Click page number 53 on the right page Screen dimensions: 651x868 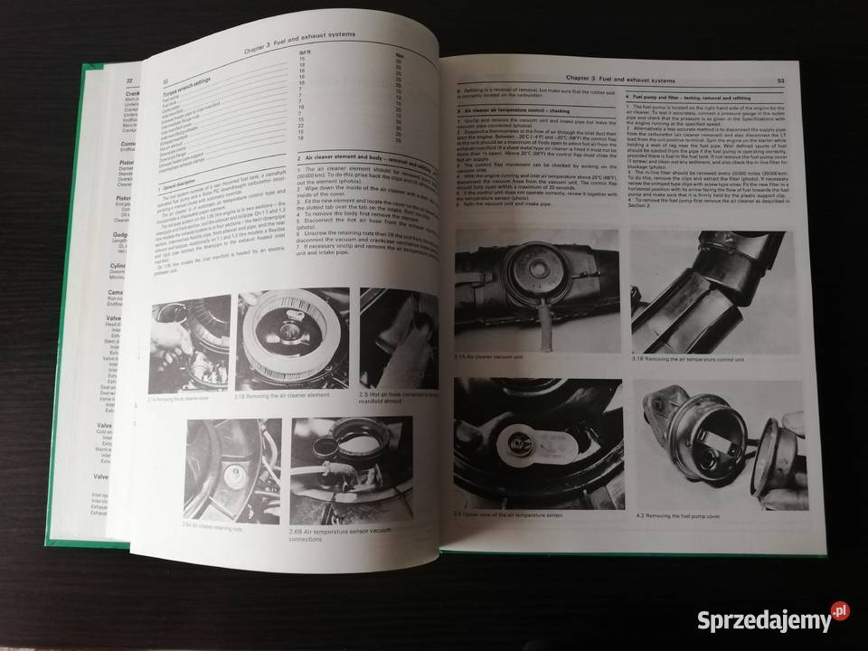(x=778, y=84)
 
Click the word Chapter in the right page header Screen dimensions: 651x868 (x=577, y=79)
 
